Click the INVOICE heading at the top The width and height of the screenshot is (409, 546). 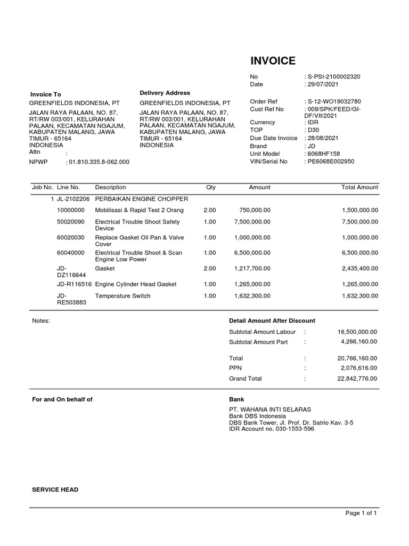[273, 61]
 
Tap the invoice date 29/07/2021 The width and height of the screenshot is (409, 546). [322, 84]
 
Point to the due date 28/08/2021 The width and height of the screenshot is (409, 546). [322, 138]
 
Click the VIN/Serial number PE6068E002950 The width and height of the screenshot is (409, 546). [330, 161]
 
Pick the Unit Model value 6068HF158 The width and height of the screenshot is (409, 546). [323, 154]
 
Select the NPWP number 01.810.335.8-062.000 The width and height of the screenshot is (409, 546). [99, 162]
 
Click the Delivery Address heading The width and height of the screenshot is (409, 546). [165, 93]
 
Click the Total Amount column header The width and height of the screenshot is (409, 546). [359, 187]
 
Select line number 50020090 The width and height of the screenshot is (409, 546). [71, 221]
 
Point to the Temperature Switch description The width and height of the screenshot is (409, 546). [122, 295]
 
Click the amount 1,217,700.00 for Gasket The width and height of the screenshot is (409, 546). [252, 268]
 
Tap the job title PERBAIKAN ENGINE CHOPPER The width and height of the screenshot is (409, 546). [141, 198]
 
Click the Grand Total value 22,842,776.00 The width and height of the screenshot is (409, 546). [357, 379]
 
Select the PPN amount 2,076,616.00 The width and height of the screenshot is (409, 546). [359, 368]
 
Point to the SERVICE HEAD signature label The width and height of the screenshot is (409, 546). [55, 489]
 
